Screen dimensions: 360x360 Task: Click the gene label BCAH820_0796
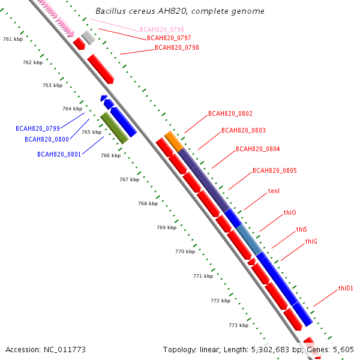click(x=162, y=29)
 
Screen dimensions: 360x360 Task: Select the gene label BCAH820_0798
click(x=177, y=47)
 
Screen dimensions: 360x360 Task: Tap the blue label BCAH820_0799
click(x=38, y=128)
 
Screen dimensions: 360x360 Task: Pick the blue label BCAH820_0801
click(x=59, y=154)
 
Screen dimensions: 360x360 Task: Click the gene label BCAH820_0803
click(x=244, y=130)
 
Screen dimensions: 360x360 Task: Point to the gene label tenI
click(x=274, y=191)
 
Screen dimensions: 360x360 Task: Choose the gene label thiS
click(x=301, y=229)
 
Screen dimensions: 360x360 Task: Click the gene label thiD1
click(x=346, y=288)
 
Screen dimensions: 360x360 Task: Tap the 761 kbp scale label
click(x=13, y=39)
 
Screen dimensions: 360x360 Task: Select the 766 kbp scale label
click(x=110, y=155)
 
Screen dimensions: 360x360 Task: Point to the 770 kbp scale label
click(x=185, y=251)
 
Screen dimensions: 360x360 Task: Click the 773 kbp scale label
click(x=239, y=325)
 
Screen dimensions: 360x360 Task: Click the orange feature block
click(x=174, y=141)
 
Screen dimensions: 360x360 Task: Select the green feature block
click(x=115, y=128)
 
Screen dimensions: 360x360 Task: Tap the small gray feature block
click(x=88, y=37)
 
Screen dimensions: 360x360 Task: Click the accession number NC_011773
click(x=65, y=350)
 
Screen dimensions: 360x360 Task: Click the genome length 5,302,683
click(x=270, y=350)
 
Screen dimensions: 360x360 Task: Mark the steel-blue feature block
click(x=249, y=239)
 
